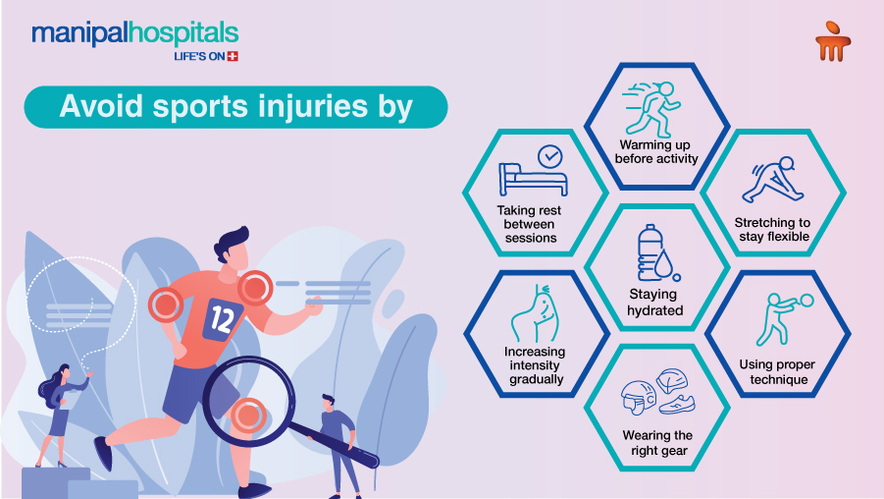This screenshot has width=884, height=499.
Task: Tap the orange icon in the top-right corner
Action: tap(833, 41)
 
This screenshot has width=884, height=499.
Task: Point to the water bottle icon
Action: tap(651, 251)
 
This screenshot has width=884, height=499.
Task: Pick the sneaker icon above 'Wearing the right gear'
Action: tap(676, 403)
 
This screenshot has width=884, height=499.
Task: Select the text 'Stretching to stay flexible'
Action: tap(773, 230)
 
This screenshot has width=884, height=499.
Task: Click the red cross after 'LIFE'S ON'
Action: tap(233, 57)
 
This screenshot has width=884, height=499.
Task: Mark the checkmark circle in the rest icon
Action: tap(549, 155)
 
